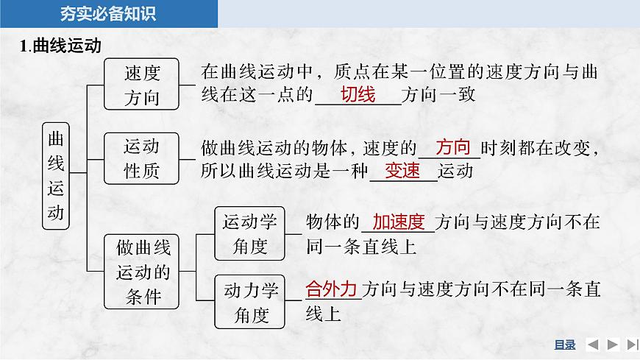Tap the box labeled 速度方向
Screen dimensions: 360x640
pos(142,83)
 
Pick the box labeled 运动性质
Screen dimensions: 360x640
pos(142,158)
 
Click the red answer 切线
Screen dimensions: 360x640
pos(358,95)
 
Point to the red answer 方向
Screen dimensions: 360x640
pos(452,147)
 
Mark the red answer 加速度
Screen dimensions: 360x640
pos(399,222)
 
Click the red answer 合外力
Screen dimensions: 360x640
pos(331,289)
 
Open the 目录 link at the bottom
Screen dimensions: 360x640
pos(564,345)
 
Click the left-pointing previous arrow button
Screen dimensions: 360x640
pos(592,345)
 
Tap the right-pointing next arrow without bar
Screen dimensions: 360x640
pos(612,345)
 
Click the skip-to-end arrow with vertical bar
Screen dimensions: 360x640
pos(632,345)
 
